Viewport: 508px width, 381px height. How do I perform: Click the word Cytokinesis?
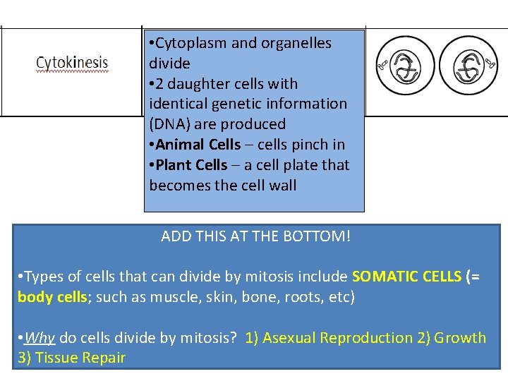72,63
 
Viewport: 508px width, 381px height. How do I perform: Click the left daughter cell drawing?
404,66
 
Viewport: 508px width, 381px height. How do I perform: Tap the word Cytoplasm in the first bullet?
191,43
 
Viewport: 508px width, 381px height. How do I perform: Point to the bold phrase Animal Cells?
198,145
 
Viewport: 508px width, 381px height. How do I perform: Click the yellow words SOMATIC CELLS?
406,277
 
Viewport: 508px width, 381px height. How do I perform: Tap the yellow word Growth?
460,338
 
